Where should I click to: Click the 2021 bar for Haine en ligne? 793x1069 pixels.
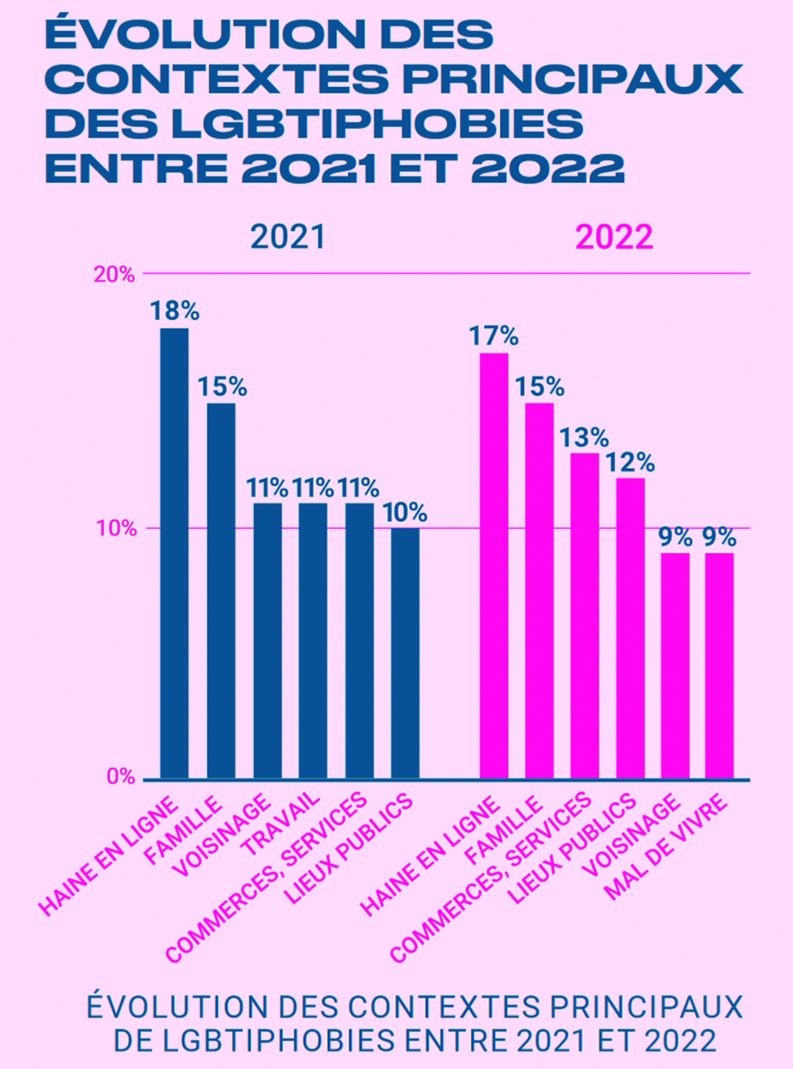tap(174, 553)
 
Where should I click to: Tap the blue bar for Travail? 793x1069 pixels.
tap(313, 640)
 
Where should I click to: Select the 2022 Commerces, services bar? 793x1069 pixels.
tap(585, 616)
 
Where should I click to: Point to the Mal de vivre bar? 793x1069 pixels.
tap(719, 665)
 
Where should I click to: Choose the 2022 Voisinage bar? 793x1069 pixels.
tap(675, 665)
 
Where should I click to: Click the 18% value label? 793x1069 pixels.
tap(174, 311)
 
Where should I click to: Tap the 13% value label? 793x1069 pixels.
tap(584, 438)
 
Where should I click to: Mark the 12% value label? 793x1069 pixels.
tap(630, 462)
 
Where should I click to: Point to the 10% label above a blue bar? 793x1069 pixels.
tap(405, 513)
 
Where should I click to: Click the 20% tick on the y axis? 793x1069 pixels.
tap(114, 275)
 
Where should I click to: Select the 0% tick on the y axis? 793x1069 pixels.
tap(120, 776)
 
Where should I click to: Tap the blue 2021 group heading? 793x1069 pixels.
tap(288, 237)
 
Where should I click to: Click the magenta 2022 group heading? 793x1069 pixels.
tap(614, 237)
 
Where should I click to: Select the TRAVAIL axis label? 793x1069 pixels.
tap(280, 824)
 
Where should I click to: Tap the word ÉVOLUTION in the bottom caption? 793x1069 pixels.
tap(179, 1007)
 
